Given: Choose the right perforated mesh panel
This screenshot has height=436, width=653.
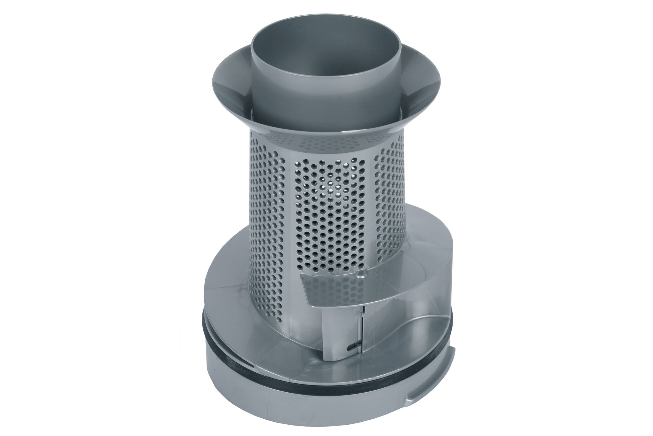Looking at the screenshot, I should (389, 195).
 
